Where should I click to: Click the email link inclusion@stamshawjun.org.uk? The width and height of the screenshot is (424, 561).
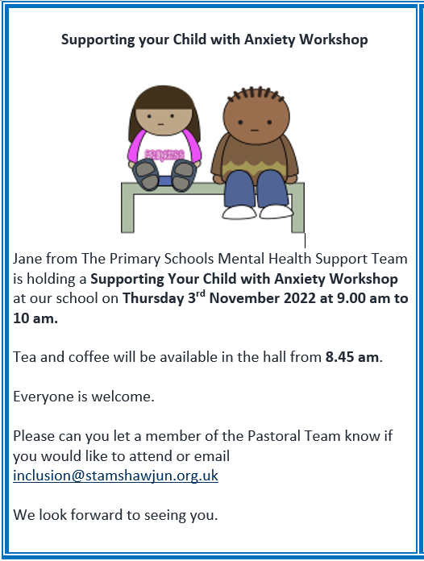click(115, 476)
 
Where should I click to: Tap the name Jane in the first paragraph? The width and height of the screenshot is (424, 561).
click(27, 259)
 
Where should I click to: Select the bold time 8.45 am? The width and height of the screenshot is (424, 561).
click(352, 357)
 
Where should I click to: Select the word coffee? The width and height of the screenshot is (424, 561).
click(89, 357)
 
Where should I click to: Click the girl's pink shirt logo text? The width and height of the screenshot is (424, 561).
click(164, 155)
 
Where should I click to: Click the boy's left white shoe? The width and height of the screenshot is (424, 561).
click(239, 212)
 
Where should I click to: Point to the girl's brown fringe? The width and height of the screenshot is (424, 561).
click(164, 98)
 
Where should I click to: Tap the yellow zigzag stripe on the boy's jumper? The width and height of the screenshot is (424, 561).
click(254, 166)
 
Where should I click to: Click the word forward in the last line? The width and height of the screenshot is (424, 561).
click(96, 515)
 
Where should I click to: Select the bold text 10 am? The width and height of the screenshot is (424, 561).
click(35, 318)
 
